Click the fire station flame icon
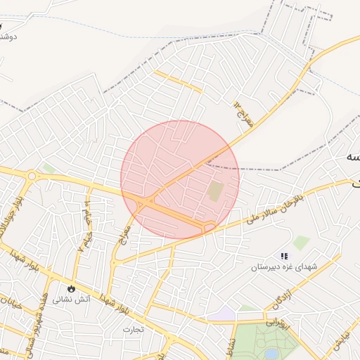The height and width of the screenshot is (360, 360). tap(70, 288)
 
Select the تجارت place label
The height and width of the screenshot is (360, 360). tap(133, 328)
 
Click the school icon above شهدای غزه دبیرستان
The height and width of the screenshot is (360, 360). tap(284, 256)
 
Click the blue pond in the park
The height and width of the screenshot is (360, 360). tap(271, 353)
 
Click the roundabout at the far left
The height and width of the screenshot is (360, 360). tap(32, 176)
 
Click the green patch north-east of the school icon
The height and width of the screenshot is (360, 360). tap(301, 243)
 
